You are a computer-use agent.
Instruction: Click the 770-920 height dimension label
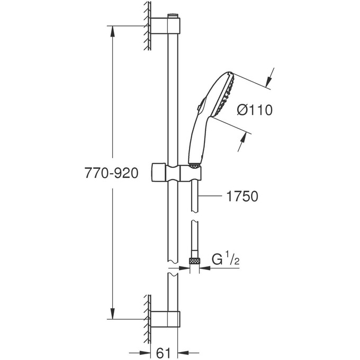point(112,173)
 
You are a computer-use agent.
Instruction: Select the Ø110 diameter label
point(254,110)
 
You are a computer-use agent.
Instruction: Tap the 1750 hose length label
point(241,196)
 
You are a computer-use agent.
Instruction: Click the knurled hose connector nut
point(195,261)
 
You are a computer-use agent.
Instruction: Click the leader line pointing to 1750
point(212,196)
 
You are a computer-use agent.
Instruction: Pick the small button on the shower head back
point(199,109)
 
